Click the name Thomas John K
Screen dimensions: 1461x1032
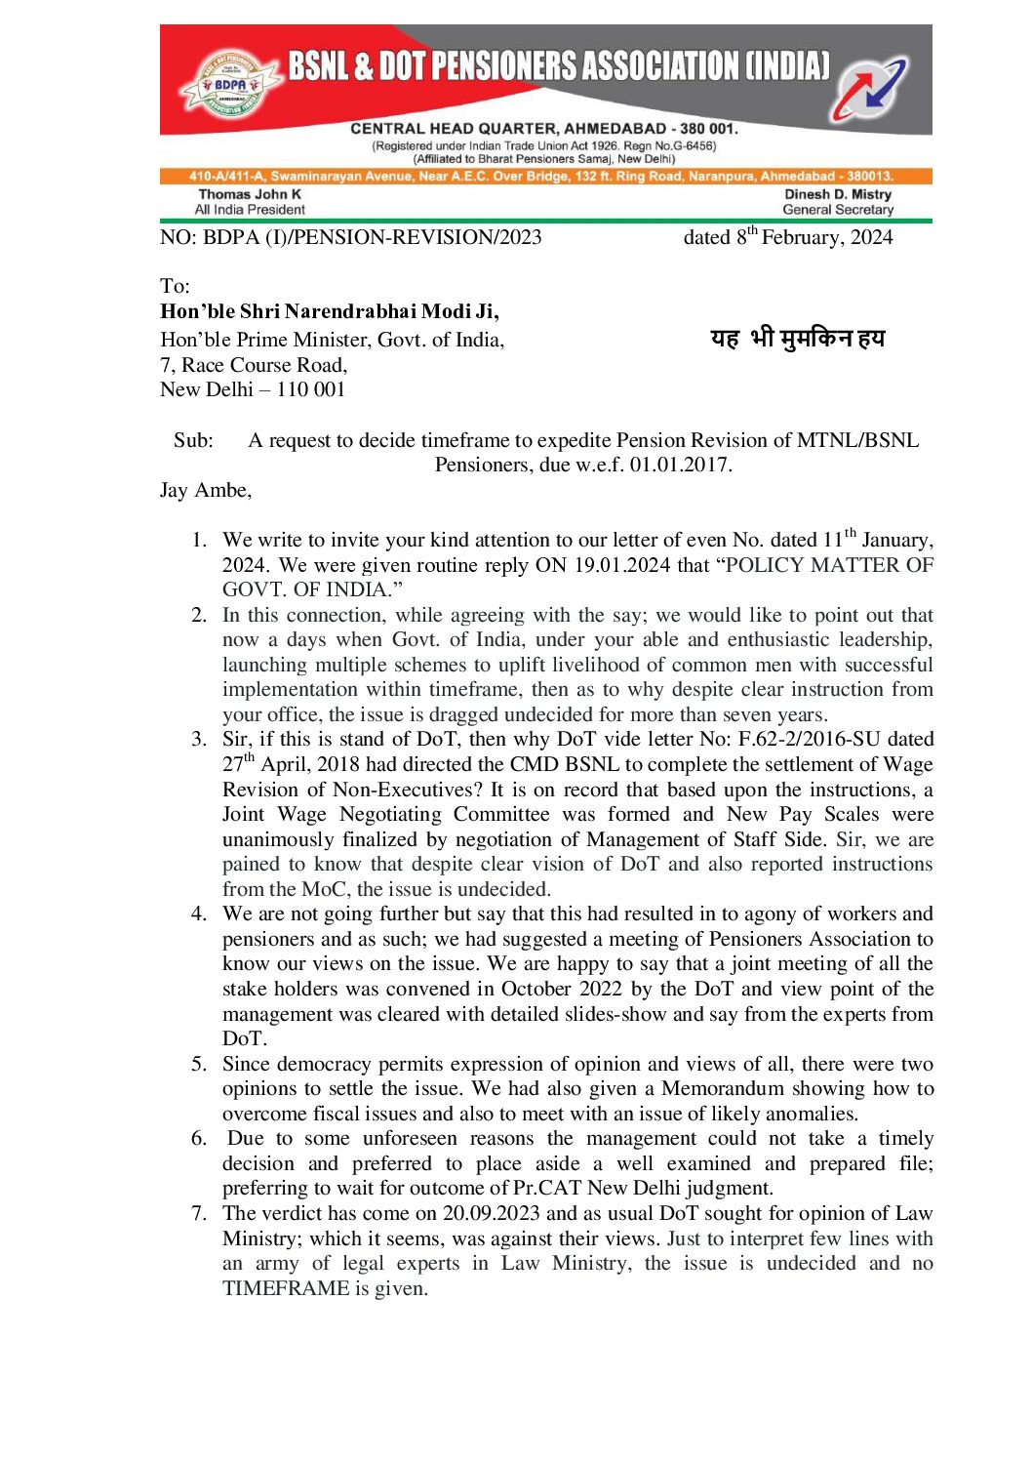coord(250,194)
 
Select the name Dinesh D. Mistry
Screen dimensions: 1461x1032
coord(838,194)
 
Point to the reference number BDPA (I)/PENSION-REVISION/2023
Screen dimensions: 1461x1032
coord(372,237)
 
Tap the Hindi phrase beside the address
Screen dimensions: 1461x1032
coord(797,339)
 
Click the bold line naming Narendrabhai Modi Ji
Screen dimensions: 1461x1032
coord(330,311)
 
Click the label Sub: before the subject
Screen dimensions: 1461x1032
coord(193,440)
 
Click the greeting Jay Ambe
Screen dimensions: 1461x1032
coord(205,490)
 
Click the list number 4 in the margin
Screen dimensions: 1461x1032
coord(198,913)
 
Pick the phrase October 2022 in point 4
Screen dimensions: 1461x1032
coord(561,989)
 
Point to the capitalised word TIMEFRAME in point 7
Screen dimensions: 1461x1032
coord(286,1288)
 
